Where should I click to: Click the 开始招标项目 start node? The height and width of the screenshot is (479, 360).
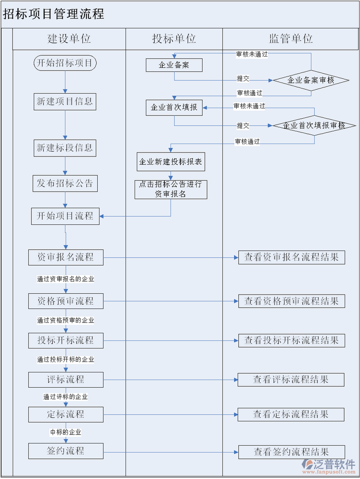coord(65,63)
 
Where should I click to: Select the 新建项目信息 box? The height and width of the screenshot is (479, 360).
coord(65,102)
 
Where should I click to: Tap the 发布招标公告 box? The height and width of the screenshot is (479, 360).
coord(65,184)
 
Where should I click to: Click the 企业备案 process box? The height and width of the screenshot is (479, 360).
coord(174,65)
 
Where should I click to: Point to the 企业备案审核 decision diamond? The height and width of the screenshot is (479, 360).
coord(311,81)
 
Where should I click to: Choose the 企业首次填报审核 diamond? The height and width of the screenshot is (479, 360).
coord(314,125)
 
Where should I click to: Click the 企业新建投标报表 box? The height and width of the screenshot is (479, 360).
coord(171,162)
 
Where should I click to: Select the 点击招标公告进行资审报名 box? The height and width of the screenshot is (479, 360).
coord(171,189)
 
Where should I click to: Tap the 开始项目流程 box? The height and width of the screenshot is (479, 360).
coord(65,216)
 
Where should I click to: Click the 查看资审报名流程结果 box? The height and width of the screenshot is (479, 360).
coord(292,257)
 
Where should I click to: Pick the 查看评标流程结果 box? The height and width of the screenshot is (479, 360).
coord(291,380)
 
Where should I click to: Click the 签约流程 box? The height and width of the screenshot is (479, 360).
coord(66,451)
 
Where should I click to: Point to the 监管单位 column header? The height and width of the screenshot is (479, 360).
coord(291,39)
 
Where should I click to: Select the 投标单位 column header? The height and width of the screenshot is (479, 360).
coord(174,39)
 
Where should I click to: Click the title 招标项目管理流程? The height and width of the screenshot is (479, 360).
coord(54,14)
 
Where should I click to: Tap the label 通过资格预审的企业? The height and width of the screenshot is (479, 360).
coord(66,320)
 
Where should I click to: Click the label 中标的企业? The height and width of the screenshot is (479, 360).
coord(66,432)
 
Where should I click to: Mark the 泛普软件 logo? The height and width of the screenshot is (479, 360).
coord(328,466)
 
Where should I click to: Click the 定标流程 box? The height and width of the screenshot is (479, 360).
coord(66,414)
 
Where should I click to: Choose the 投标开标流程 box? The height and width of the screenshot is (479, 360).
coord(66,340)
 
